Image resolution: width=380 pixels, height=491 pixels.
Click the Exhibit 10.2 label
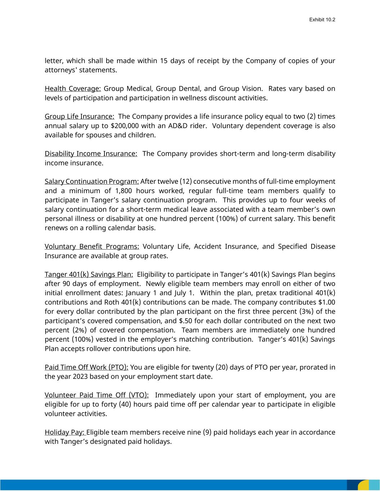click(322, 19)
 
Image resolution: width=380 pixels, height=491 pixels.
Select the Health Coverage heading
click(72, 88)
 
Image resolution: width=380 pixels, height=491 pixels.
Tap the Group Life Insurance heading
click(79, 117)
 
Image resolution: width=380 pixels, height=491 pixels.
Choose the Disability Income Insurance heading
click(91, 154)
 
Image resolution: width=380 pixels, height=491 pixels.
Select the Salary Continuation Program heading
click(91, 181)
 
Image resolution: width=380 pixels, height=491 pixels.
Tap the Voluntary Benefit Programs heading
click(92, 246)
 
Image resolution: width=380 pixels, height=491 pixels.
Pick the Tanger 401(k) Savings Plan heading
click(89, 274)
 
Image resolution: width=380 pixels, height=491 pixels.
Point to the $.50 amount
click(185, 321)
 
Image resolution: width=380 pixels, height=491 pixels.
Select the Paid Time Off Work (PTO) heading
click(86, 367)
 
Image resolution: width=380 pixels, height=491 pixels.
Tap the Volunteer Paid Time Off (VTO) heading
click(97, 395)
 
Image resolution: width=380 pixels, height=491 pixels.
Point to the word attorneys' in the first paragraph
click(61, 70)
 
